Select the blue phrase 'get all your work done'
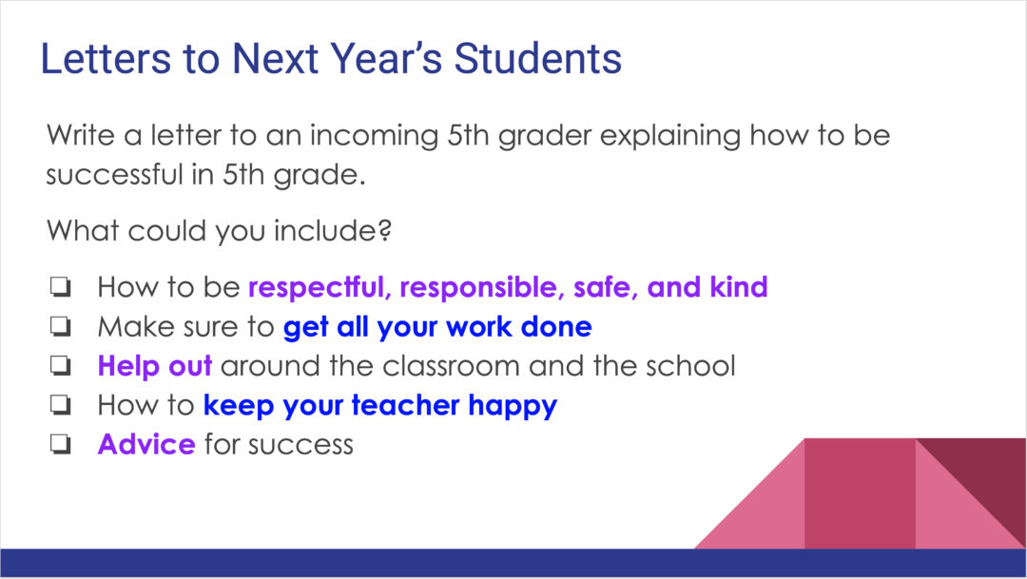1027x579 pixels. (437, 327)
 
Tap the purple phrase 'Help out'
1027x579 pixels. (154, 366)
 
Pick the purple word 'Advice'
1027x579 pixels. (146, 445)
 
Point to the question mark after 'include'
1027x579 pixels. (386, 232)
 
